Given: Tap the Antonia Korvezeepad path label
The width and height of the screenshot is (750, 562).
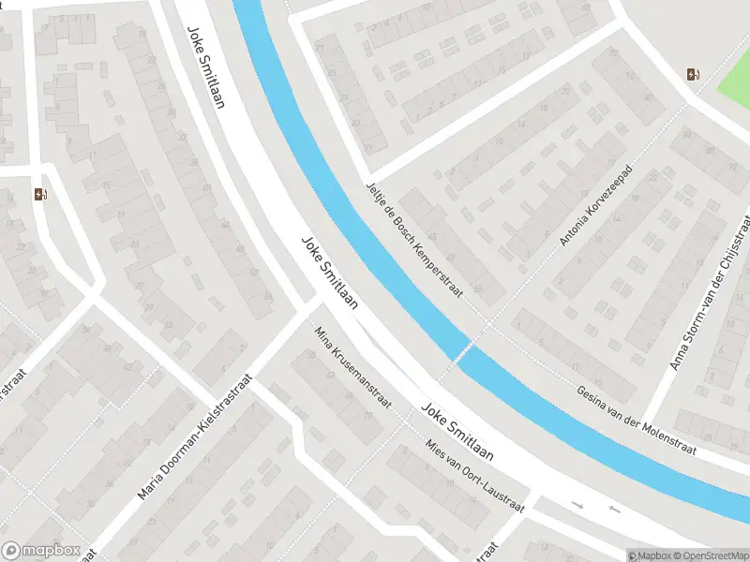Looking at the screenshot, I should point(596,207).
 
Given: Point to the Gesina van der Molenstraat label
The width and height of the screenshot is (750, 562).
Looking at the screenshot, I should point(637,420).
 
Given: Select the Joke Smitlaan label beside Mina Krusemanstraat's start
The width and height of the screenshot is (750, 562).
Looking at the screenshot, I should point(330,273).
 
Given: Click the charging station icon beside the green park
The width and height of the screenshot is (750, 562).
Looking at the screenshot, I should point(693,75).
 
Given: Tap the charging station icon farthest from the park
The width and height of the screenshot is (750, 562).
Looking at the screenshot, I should point(40,195).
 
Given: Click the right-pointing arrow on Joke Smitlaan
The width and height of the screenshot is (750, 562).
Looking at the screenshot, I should point(578,506).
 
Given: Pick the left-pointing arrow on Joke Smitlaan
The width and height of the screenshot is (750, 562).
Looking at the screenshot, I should point(614,510).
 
